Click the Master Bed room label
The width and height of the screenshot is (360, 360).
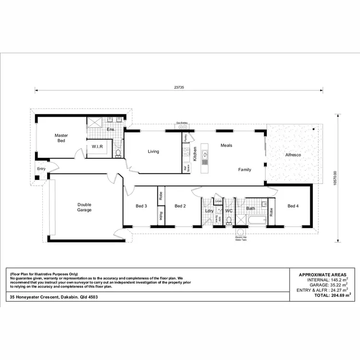click(61, 138)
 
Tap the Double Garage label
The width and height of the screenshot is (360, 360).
click(84, 207)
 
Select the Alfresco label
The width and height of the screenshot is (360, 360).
click(292, 155)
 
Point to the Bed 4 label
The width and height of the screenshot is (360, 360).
click(293, 206)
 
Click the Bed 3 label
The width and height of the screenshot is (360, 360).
click(141, 206)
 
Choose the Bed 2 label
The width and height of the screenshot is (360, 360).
click(180, 206)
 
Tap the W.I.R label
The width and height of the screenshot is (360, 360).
click(98, 146)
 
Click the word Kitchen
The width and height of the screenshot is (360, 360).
click(195, 153)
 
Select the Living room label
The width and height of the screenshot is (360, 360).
click(153, 152)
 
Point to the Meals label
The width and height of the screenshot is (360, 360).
click(226, 145)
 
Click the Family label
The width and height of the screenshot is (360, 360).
click(245, 169)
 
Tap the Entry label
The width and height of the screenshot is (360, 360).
click(41, 168)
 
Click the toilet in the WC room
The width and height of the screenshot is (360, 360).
click(229, 220)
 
